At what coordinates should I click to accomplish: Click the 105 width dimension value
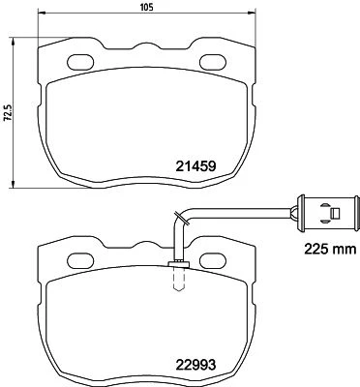[x=147, y=7]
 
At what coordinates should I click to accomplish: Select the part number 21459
[x=195, y=166]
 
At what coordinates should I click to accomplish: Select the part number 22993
[x=195, y=365]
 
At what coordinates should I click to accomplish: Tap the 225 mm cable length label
[x=331, y=249]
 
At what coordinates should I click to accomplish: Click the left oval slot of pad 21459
[x=80, y=62]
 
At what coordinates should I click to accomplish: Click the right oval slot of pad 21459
[x=213, y=62]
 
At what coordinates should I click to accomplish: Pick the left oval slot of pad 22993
[x=80, y=260]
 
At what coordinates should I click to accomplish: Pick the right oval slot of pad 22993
[x=213, y=260]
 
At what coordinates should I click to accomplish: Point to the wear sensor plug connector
[x=328, y=213]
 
